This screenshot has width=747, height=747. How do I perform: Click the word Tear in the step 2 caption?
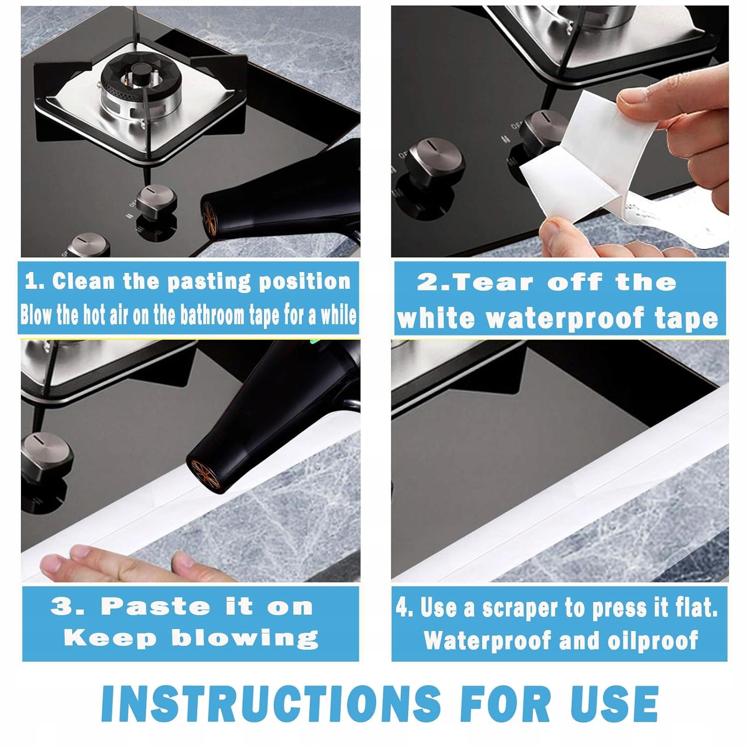(493, 282)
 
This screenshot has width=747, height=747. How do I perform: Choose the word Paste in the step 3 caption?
(155, 607)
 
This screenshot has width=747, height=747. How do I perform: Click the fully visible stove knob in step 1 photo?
(156, 205)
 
